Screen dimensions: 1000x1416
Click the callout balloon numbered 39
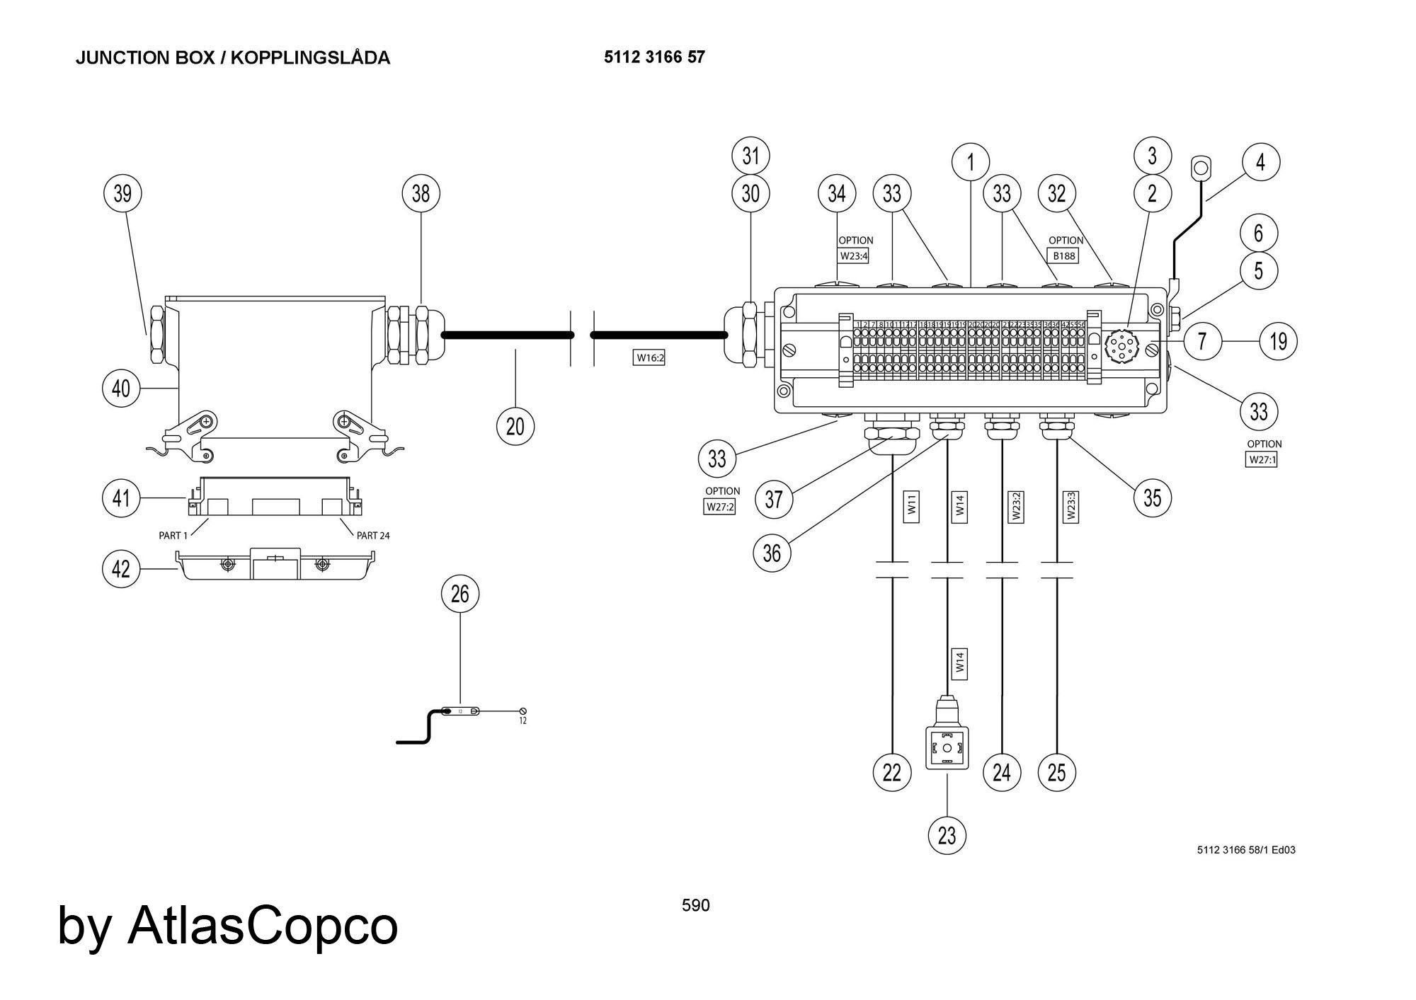coord(122,193)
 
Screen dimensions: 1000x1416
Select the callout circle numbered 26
coord(460,594)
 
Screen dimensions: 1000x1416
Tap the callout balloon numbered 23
coord(947,836)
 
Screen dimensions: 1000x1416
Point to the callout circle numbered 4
coord(1260,163)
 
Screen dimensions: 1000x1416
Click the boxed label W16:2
coord(649,358)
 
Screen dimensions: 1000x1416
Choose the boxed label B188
coord(1063,255)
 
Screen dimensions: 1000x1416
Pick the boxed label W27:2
coord(719,507)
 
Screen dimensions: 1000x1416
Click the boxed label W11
coord(912,505)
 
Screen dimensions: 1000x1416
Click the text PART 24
coord(373,536)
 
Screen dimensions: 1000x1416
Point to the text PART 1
coord(173,536)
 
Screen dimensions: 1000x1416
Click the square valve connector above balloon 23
coord(947,747)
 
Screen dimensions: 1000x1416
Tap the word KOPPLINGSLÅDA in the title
coord(310,58)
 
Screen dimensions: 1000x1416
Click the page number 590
coord(695,905)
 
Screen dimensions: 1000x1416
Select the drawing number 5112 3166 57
coord(654,57)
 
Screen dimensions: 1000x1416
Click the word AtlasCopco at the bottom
coord(263,925)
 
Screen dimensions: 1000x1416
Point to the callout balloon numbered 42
coord(122,569)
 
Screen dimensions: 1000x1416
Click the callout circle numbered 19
coord(1278,342)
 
